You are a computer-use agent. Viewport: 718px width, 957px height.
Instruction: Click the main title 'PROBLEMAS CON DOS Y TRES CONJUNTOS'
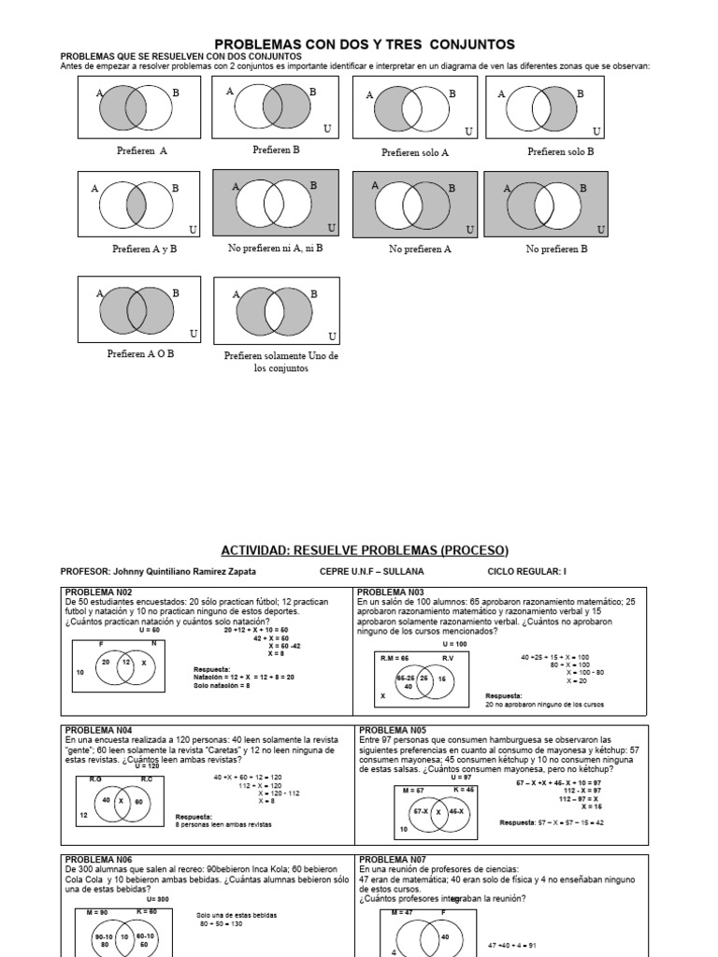365,44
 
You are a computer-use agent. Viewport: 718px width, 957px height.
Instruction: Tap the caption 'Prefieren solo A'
415,152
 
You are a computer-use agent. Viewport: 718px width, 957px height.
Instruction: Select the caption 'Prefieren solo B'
561,151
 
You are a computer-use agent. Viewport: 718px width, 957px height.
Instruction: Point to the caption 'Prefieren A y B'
144,249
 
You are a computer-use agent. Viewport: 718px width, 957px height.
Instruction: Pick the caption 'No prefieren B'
557,250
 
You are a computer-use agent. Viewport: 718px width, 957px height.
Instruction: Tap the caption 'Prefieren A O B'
141,354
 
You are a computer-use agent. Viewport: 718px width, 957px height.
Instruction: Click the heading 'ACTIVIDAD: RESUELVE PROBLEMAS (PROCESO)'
365,550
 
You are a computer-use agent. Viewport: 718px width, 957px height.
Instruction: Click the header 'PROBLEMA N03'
391,592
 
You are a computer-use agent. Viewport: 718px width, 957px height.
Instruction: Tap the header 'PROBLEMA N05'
392,730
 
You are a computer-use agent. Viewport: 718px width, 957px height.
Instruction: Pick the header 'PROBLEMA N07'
392,859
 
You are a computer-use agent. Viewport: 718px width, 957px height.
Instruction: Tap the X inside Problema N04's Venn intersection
121,801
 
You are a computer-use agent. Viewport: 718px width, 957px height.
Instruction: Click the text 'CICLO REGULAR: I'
527,570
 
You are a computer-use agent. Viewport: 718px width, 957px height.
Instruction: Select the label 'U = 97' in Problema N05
461,778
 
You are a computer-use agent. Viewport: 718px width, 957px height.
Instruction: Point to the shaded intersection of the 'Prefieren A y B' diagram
136,201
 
